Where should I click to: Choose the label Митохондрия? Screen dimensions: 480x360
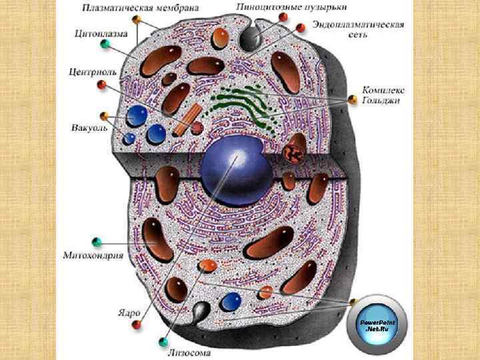pyautogui.click(x=93, y=255)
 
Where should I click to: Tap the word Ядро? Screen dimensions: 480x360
pyautogui.click(x=129, y=311)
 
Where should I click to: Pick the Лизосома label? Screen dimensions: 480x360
pyautogui.click(x=190, y=351)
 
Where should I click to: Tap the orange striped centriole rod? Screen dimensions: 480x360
pyautogui.click(x=186, y=118)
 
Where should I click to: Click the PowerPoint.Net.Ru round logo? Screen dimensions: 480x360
pyautogui.click(x=377, y=325)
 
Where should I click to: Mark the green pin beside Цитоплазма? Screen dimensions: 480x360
pyautogui.click(x=105, y=44)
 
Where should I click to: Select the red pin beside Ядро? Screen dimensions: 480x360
pyautogui.click(x=137, y=325)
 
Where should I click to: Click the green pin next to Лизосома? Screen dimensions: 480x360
pyautogui.click(x=163, y=343)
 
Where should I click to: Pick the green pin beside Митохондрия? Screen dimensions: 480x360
pyautogui.click(x=97, y=240)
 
